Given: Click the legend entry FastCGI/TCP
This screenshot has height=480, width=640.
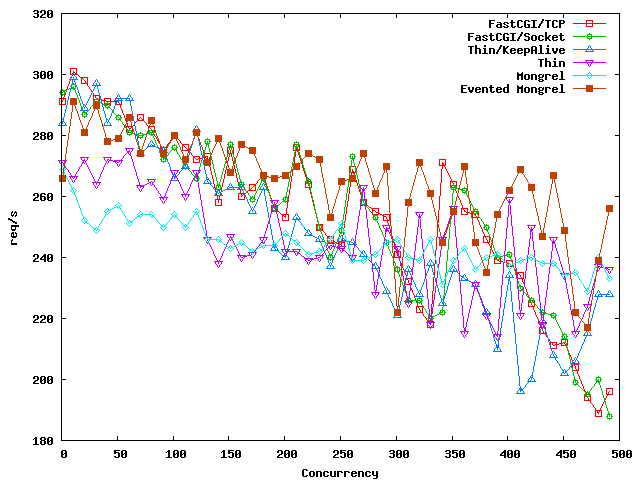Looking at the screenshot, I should (527, 22).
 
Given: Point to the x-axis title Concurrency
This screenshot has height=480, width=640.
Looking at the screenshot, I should (339, 472).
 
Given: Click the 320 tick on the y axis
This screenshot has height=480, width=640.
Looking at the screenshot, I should (43, 15).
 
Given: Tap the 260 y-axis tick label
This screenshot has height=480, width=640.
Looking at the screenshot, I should (43, 197).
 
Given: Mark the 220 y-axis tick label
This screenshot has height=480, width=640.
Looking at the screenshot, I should (43, 319).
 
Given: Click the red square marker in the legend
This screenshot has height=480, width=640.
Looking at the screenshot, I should (589, 22).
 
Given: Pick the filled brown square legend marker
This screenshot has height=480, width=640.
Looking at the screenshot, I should (589, 89).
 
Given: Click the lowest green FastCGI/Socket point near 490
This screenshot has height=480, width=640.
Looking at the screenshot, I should (609, 416).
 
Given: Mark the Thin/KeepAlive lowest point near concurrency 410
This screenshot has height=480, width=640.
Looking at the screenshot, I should (520, 391).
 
